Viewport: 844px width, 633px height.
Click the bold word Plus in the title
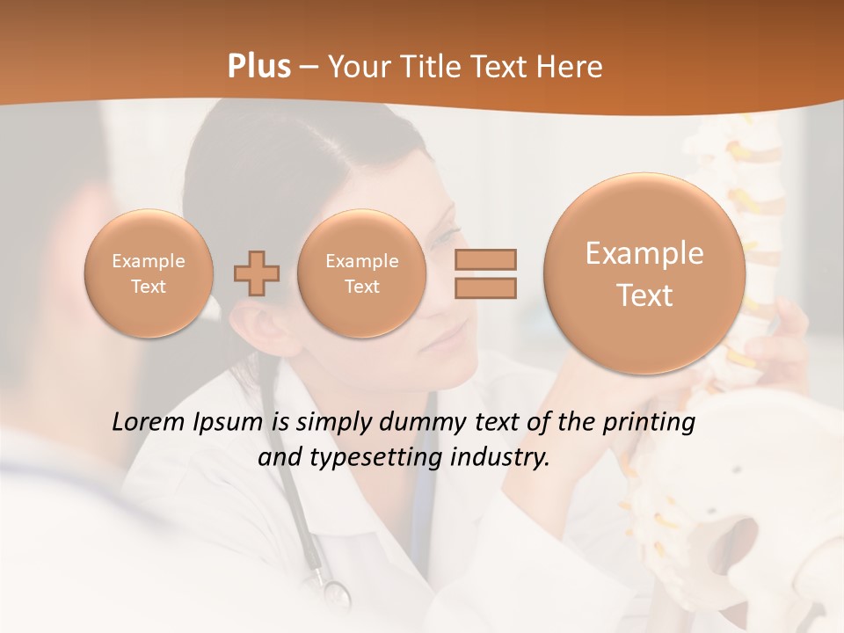(x=258, y=67)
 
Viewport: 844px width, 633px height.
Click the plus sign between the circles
(x=257, y=273)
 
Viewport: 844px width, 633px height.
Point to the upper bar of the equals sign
(x=484, y=259)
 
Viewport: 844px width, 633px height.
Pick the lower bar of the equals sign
(x=484, y=287)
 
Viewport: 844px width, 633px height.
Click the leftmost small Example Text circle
(x=149, y=273)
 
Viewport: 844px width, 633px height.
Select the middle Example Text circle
(x=362, y=273)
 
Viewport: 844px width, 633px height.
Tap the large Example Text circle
(x=644, y=273)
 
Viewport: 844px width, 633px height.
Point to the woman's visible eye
(x=445, y=239)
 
